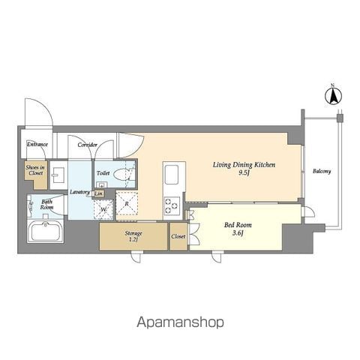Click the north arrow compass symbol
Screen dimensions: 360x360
pyautogui.click(x=333, y=96)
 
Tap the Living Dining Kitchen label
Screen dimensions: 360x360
pyautogui.click(x=244, y=165)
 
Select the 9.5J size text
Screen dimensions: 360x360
pyautogui.click(x=244, y=172)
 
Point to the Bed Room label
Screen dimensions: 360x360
pyautogui.click(x=238, y=225)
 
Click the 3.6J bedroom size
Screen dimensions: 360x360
pyautogui.click(x=238, y=233)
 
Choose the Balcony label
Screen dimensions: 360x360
pyautogui.click(x=322, y=171)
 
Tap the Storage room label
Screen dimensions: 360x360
pyautogui.click(x=133, y=233)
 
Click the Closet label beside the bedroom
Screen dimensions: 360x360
pyautogui.click(x=178, y=236)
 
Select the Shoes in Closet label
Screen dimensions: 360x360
pyautogui.click(x=35, y=170)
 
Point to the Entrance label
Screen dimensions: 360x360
pyautogui.click(x=37, y=144)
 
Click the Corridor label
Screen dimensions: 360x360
pyautogui.click(x=87, y=145)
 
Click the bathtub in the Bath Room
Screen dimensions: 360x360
pyautogui.click(x=45, y=231)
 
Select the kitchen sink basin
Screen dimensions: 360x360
pyautogui.click(x=171, y=175)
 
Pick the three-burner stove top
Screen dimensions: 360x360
pyautogui.click(x=172, y=205)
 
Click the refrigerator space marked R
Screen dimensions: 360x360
pyautogui.click(x=127, y=203)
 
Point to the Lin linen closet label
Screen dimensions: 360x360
pyautogui.click(x=98, y=193)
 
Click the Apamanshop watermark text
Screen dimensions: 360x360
pyautogui.click(x=180, y=322)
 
